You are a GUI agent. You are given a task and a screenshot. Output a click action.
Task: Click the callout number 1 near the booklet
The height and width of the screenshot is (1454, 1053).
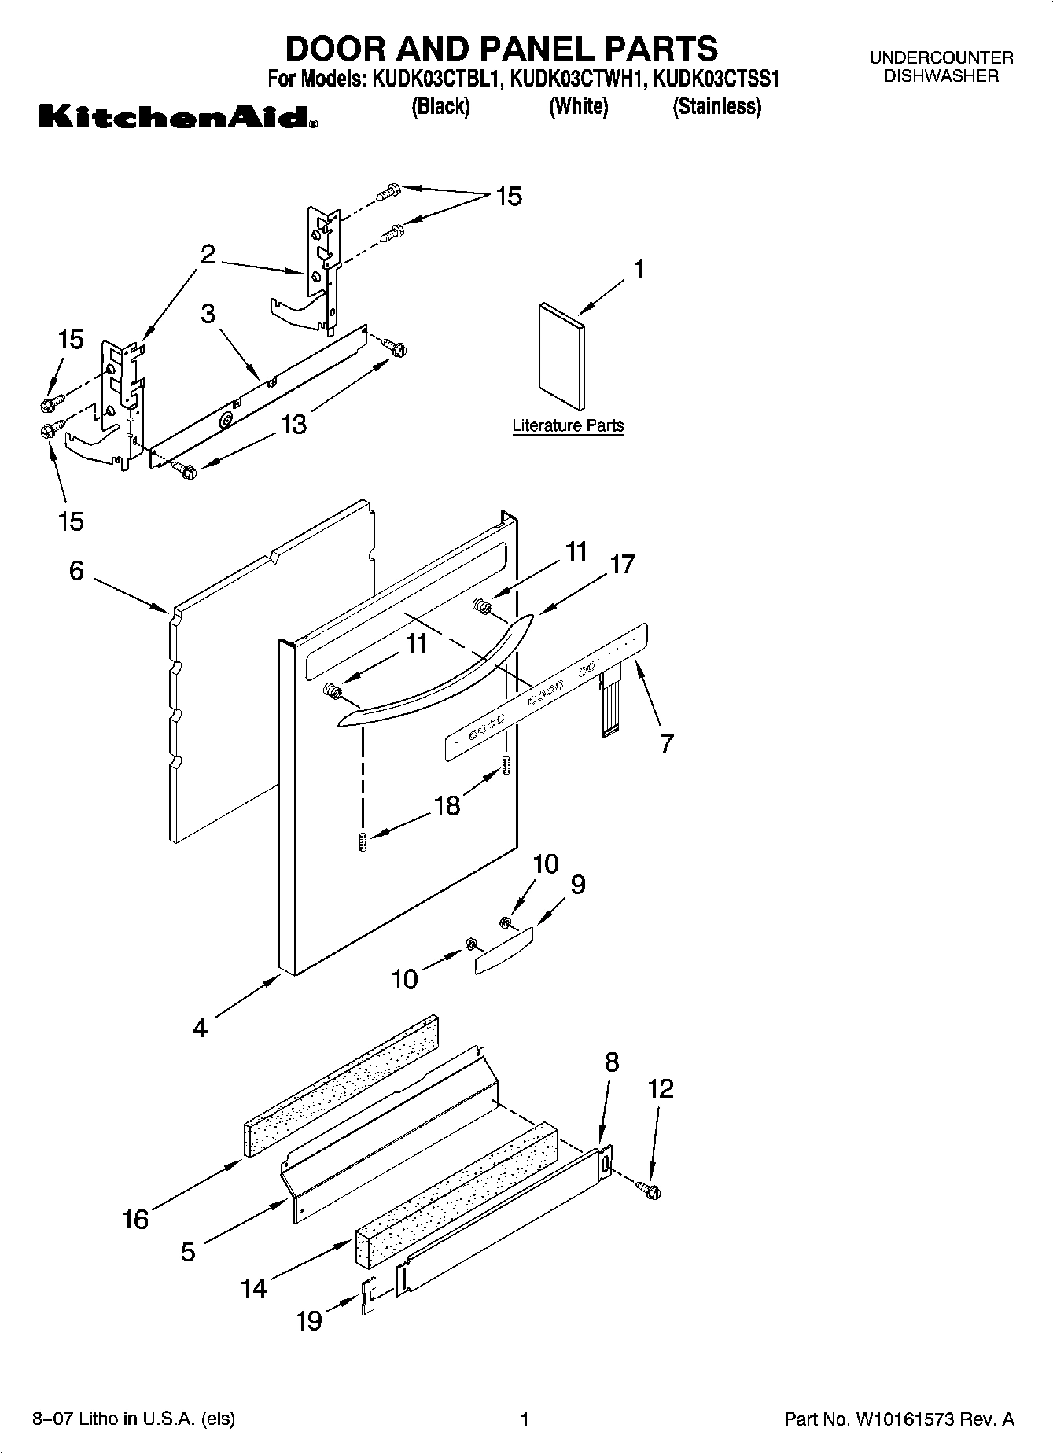pyautogui.click(x=639, y=270)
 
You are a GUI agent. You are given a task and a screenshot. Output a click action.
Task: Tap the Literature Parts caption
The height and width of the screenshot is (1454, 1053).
pyautogui.click(x=568, y=425)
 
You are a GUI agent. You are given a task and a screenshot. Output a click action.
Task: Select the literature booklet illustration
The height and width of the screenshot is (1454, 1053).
pyautogui.click(x=561, y=356)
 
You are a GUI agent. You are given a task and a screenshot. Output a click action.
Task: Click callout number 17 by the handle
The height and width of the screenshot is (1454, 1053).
pyautogui.click(x=622, y=565)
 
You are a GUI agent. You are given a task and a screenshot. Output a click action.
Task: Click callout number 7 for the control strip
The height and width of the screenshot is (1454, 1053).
pyautogui.click(x=666, y=743)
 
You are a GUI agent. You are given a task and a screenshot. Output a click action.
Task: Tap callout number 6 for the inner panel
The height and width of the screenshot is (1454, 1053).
pyautogui.click(x=76, y=570)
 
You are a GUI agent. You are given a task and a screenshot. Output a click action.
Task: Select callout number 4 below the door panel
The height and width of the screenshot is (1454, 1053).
pyautogui.click(x=201, y=1027)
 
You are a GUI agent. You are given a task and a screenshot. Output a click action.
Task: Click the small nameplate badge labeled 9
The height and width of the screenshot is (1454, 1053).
pyautogui.click(x=503, y=950)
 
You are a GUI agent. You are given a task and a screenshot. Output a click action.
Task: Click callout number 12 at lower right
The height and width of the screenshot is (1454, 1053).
pyautogui.click(x=661, y=1089)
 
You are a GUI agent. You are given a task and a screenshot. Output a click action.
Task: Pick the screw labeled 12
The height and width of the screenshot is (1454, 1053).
pyautogui.click(x=650, y=1191)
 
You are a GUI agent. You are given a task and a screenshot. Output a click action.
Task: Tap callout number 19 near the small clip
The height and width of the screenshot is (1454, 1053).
pyautogui.click(x=309, y=1320)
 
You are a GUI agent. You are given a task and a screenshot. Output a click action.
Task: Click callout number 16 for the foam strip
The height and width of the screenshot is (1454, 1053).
pyautogui.click(x=135, y=1219)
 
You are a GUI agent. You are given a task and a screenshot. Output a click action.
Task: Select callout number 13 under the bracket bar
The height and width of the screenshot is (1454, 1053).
pyautogui.click(x=293, y=425)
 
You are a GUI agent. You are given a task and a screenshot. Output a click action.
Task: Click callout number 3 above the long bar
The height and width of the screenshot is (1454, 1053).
pyautogui.click(x=208, y=314)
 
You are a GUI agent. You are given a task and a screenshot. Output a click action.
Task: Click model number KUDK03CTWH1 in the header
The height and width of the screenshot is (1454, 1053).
pyautogui.click(x=578, y=79)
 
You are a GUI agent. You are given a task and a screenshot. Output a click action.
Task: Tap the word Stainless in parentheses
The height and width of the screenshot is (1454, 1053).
pyautogui.click(x=716, y=106)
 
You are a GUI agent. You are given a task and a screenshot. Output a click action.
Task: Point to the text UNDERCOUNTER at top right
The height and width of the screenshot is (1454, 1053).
pyautogui.click(x=941, y=57)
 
